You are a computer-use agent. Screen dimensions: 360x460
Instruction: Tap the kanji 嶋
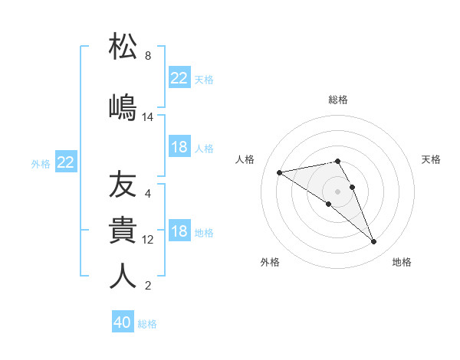tap(123, 106)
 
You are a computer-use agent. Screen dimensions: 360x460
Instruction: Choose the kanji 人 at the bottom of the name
tap(123, 276)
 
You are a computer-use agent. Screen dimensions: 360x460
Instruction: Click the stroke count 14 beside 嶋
tap(148, 117)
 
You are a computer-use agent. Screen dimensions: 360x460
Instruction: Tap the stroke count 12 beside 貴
tap(148, 240)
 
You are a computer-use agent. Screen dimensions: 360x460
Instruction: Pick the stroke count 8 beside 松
tap(148, 56)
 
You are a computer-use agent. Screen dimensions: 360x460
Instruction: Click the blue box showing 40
tap(123, 322)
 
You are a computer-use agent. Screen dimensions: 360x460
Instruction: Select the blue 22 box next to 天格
tap(179, 78)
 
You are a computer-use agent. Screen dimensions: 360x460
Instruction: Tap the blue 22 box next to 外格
tap(66, 162)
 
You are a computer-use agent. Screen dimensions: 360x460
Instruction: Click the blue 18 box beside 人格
tap(179, 147)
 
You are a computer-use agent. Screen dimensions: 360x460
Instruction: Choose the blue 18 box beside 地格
tap(179, 231)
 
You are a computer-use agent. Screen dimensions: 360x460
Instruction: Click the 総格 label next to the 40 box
tap(148, 324)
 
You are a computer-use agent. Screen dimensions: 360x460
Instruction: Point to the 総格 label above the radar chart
tap(338, 100)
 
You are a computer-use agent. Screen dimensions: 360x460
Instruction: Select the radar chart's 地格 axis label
tap(402, 262)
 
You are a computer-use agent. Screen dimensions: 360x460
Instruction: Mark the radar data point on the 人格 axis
tap(279, 172)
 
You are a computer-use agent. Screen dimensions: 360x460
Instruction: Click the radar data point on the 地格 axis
tap(373, 242)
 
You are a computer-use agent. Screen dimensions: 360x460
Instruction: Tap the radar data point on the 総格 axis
tap(337, 162)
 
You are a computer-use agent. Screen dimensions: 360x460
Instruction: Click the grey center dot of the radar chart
tap(337, 190)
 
